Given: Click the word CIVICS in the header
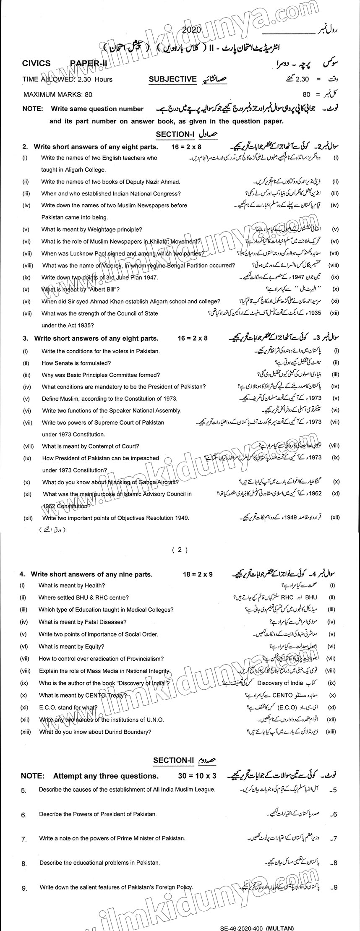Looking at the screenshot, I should point(37,63).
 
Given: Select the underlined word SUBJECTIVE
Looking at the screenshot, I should point(172,78).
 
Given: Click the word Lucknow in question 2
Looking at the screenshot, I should point(77,253).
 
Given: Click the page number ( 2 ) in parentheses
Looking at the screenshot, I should point(180,550).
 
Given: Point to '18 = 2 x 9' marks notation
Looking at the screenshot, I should point(198,574).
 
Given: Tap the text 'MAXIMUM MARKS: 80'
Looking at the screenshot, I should point(57,95).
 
